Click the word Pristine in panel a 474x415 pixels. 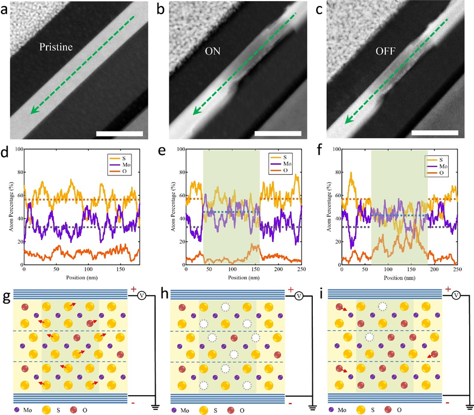click(56, 47)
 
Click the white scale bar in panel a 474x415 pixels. click(119, 133)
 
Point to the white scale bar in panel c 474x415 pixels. click(435, 133)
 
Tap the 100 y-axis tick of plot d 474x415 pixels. click(18, 150)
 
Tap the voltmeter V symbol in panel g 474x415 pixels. click(141, 295)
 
